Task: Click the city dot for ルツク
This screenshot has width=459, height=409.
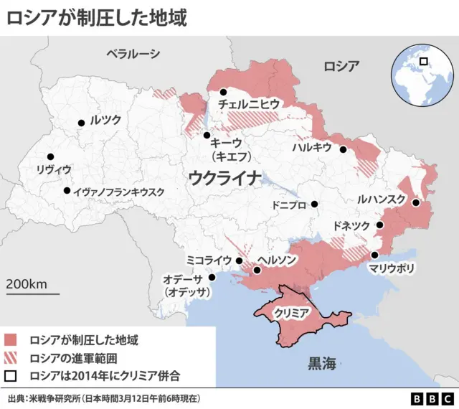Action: coord(82,123)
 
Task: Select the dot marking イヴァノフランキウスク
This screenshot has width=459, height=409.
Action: coord(67,191)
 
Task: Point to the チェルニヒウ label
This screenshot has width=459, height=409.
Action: coord(249,105)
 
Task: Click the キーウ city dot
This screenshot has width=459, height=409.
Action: coord(207,135)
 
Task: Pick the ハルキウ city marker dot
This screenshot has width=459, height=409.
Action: coord(344,150)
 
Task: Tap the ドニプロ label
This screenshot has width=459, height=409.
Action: coord(289,204)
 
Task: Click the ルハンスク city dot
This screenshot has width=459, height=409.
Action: coord(416,203)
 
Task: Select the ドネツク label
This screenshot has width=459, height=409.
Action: coord(351,226)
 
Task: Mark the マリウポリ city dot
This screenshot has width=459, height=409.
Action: coord(374,255)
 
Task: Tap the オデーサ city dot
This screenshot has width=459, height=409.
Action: coord(212,278)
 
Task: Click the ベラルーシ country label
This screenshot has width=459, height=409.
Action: coord(133,53)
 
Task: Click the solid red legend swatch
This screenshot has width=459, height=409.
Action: coord(11,339)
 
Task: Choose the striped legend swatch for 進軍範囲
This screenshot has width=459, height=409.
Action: coord(11,358)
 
